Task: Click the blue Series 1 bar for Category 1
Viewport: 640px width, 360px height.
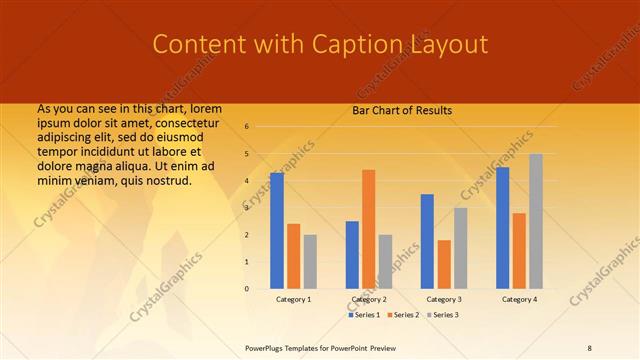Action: coord(277,231)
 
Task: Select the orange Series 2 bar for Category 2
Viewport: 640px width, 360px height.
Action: coord(369,229)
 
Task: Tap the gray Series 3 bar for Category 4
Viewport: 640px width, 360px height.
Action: coord(536,221)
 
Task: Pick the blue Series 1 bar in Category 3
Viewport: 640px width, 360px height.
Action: coord(427,241)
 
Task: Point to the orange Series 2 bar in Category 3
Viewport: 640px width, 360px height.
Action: coord(444,264)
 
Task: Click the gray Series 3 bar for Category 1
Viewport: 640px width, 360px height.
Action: coord(310,261)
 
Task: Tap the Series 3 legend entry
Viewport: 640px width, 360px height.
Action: coord(442,315)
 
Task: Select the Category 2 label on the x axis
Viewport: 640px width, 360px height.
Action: coord(369,299)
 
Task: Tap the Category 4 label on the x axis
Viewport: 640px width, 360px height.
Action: coord(519,299)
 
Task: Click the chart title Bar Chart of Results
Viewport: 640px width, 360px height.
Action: coord(403,111)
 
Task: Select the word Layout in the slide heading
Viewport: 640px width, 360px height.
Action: coord(446,45)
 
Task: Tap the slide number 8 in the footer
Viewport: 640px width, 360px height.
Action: coord(590,347)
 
